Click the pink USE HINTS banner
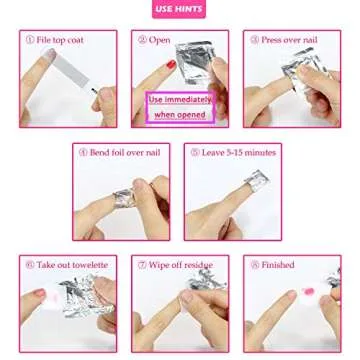coord(179,12)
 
